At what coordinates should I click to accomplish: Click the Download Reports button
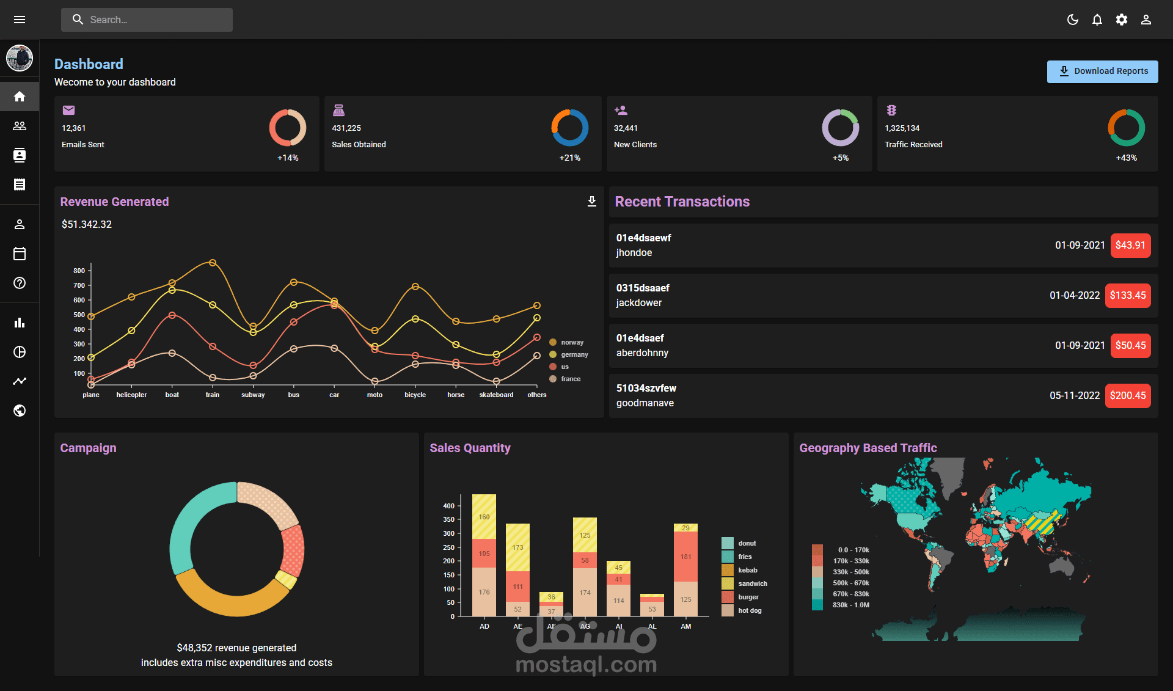pos(1102,71)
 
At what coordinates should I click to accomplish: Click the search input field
pos(147,20)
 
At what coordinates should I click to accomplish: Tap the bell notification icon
pos(1097,20)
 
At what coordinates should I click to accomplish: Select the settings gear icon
pos(1122,20)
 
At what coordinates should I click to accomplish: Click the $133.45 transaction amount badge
pos(1128,295)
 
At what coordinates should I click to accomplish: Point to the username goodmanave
pos(645,403)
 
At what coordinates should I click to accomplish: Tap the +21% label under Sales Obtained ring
pos(569,158)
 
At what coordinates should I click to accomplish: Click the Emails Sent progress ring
pos(288,128)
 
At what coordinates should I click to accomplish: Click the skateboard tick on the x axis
pos(496,395)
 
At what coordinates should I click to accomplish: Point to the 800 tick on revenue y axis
pos(79,271)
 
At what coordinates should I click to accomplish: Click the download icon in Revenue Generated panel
pos(591,202)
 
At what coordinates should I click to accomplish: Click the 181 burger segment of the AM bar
pos(685,557)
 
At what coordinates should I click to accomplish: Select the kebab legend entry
pos(747,570)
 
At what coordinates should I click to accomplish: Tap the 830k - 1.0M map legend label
pos(850,605)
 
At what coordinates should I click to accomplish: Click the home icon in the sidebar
pos(20,97)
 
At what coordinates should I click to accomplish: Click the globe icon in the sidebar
pos(20,411)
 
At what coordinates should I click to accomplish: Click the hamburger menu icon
pos(20,20)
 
